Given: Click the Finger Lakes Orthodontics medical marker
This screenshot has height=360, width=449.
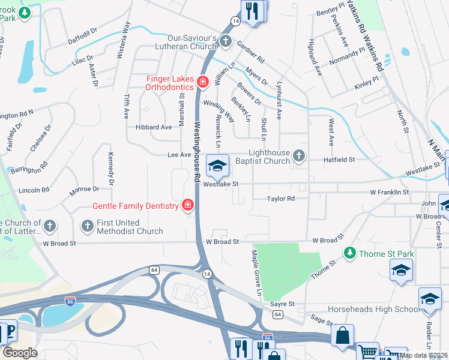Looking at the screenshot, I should (202, 82).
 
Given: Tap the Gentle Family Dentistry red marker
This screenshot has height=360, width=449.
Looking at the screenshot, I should (188, 206).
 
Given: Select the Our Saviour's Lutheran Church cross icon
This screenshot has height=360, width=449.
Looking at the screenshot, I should (226, 41).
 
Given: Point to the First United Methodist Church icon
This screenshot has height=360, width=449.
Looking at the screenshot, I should (86, 226).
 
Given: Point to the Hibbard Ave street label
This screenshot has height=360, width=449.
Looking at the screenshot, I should (154, 127).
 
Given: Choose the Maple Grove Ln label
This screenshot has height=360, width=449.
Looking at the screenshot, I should (257, 272).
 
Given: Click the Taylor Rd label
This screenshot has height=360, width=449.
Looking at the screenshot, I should (281, 199).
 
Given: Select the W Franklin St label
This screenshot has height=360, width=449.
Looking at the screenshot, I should (389, 193).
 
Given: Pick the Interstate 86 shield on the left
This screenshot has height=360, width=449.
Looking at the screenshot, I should (70, 299).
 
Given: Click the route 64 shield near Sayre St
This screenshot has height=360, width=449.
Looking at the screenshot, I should (277, 314).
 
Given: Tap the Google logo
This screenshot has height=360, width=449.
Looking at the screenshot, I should (20, 353).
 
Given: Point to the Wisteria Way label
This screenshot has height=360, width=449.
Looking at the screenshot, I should (127, 35).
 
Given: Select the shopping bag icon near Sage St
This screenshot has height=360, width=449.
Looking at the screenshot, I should (342, 336).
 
